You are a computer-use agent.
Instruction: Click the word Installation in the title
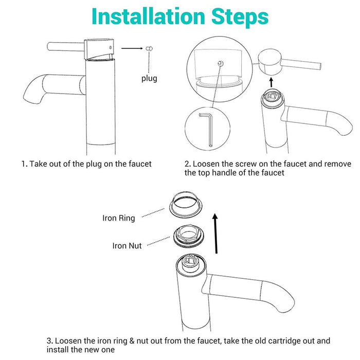coord(148,16)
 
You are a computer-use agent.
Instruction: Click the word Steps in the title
coord(240,17)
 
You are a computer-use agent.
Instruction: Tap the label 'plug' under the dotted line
coord(149,79)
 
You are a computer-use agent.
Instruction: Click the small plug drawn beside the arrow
coord(149,48)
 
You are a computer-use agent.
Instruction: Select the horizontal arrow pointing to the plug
coord(132,48)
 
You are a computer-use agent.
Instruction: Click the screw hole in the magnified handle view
coord(220,63)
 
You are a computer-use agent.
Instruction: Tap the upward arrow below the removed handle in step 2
coord(272,82)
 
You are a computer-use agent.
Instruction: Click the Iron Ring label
coord(118,218)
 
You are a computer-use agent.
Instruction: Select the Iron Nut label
coord(127,246)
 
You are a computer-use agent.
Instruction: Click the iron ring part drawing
coord(186,205)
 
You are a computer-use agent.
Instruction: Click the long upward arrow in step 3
coord(215,233)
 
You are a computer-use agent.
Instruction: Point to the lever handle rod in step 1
coord(66,47)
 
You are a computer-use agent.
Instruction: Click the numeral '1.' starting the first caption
coord(24,164)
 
